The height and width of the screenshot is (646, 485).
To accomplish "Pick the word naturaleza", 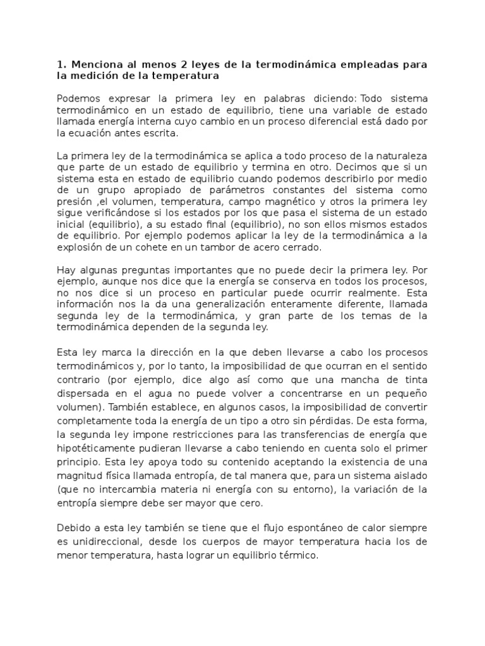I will tap(404, 156).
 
